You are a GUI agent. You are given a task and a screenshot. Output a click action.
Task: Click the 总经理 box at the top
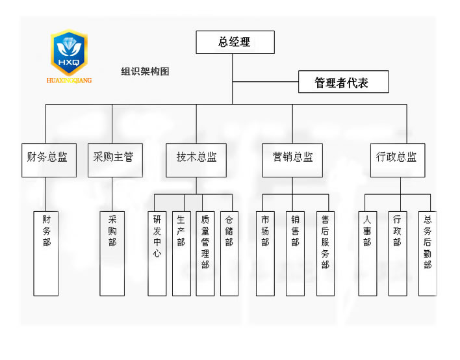pos(235,42)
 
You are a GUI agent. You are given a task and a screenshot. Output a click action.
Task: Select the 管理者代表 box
pos(343,83)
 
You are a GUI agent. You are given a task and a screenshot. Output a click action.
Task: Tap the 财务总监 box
pos(49,160)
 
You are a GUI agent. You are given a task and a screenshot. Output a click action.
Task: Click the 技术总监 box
pos(196,160)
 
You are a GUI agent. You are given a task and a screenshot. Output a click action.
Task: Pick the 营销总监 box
pos(292,160)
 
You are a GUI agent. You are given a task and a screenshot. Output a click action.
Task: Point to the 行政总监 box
pos(398,160)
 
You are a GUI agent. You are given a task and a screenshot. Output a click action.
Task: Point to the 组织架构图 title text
pos(145,71)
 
